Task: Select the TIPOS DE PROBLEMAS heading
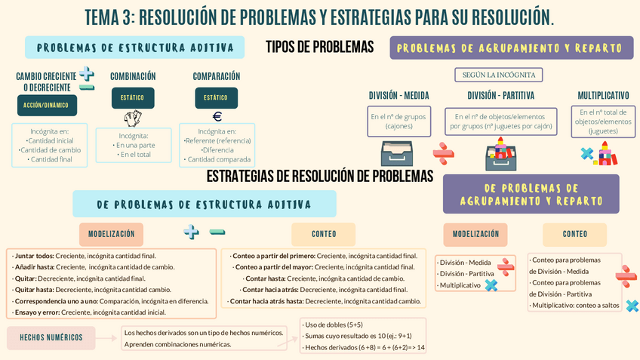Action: pyautogui.click(x=319, y=47)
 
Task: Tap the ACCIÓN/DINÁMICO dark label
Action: pyautogui.click(x=46, y=105)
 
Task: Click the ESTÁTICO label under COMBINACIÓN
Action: pyautogui.click(x=133, y=97)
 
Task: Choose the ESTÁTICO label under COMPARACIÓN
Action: pyautogui.click(x=215, y=97)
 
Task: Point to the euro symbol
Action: pyautogui.click(x=217, y=116)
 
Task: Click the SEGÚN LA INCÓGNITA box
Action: pyautogui.click(x=498, y=75)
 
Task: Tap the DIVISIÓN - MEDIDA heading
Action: pyautogui.click(x=398, y=96)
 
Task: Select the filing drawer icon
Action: pyautogui.click(x=396, y=155)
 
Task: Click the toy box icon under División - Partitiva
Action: pyautogui.click(x=500, y=155)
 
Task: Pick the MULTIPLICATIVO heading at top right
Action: pyautogui.click(x=603, y=96)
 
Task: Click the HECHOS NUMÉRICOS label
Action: pyautogui.click(x=51, y=337)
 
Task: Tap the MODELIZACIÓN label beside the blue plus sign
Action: pyautogui.click(x=111, y=234)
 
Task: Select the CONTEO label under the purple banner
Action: pyautogui.click(x=574, y=234)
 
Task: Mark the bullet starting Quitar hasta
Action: pyautogui.click(x=92, y=289)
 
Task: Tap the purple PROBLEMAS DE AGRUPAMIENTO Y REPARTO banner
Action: pyautogui.click(x=511, y=48)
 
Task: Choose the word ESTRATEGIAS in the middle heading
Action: pyautogui.click(x=240, y=176)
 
